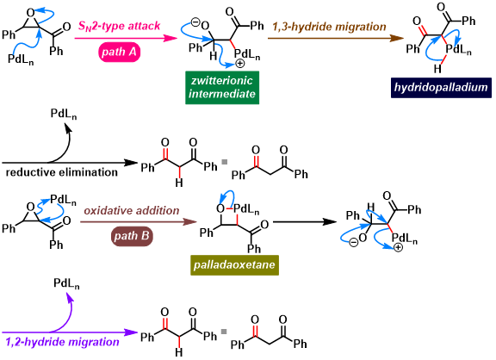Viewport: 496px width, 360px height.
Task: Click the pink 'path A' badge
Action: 119,52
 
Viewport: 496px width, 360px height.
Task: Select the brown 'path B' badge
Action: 132,236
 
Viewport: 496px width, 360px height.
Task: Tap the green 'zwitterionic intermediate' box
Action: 222,88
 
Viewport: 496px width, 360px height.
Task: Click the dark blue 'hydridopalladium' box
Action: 441,88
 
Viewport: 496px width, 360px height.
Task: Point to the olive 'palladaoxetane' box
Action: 234,265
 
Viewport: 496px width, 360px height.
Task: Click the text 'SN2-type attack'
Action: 119,26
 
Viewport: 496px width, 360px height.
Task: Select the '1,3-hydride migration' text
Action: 329,27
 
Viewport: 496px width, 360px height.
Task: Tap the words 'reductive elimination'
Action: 62,172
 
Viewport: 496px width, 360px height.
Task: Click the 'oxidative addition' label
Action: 132,211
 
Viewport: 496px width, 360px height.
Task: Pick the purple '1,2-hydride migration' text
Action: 62,342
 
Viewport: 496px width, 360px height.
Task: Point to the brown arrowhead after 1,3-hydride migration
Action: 397,38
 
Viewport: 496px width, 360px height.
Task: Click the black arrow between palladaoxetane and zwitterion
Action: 305,221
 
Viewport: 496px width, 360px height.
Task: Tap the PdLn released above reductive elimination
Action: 64,114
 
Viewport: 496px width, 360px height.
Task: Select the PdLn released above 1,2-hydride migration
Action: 66,283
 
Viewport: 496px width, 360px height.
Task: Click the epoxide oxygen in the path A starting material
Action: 30,13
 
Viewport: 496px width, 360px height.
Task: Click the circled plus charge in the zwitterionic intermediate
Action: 240,64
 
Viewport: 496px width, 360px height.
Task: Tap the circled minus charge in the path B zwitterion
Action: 353,243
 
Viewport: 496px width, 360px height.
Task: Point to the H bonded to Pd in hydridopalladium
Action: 437,68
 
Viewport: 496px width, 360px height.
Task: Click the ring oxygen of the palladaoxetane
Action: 220,208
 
